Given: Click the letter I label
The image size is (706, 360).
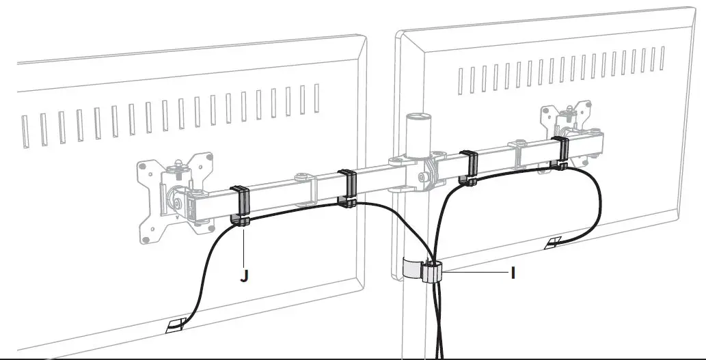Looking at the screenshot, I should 513,273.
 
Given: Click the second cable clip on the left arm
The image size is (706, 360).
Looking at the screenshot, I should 348,187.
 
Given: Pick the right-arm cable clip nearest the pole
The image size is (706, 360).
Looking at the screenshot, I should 468,167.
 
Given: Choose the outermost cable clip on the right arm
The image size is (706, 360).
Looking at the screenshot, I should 560,152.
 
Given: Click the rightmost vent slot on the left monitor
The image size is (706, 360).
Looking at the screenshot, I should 316,96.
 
